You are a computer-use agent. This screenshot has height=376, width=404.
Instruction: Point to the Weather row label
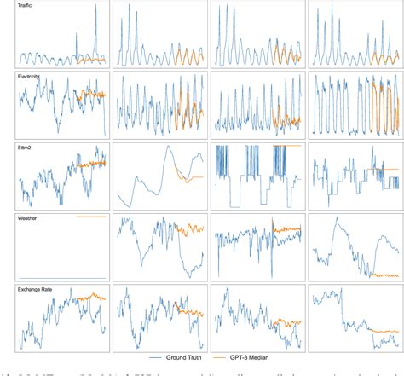[27, 218]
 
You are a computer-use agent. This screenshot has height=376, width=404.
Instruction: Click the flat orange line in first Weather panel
[90, 217]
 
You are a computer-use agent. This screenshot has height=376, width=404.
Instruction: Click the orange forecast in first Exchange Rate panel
[90, 298]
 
